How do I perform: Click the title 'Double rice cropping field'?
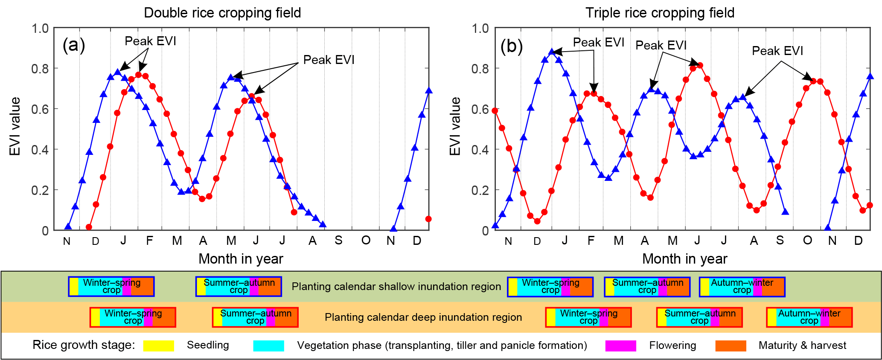(222, 13)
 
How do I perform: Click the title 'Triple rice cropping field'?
(660, 13)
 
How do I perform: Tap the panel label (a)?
(74, 45)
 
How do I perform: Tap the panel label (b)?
(512, 46)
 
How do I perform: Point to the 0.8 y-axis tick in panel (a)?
(40, 69)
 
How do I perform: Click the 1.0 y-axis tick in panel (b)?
(480, 29)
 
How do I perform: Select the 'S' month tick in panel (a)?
(338, 241)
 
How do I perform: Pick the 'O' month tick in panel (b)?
(807, 241)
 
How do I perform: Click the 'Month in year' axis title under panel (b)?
(684, 259)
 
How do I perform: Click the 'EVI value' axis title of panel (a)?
(15, 126)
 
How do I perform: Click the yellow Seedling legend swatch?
(158, 345)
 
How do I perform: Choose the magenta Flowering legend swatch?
(620, 345)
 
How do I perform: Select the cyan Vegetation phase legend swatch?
(268, 345)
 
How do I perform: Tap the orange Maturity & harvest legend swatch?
(731, 345)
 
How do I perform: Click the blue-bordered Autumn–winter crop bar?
(742, 287)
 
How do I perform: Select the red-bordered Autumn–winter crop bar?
(809, 317)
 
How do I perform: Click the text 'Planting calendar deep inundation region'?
(423, 317)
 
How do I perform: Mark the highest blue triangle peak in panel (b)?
(552, 52)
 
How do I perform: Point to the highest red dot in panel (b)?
(700, 65)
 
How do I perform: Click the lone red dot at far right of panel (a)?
(428, 219)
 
